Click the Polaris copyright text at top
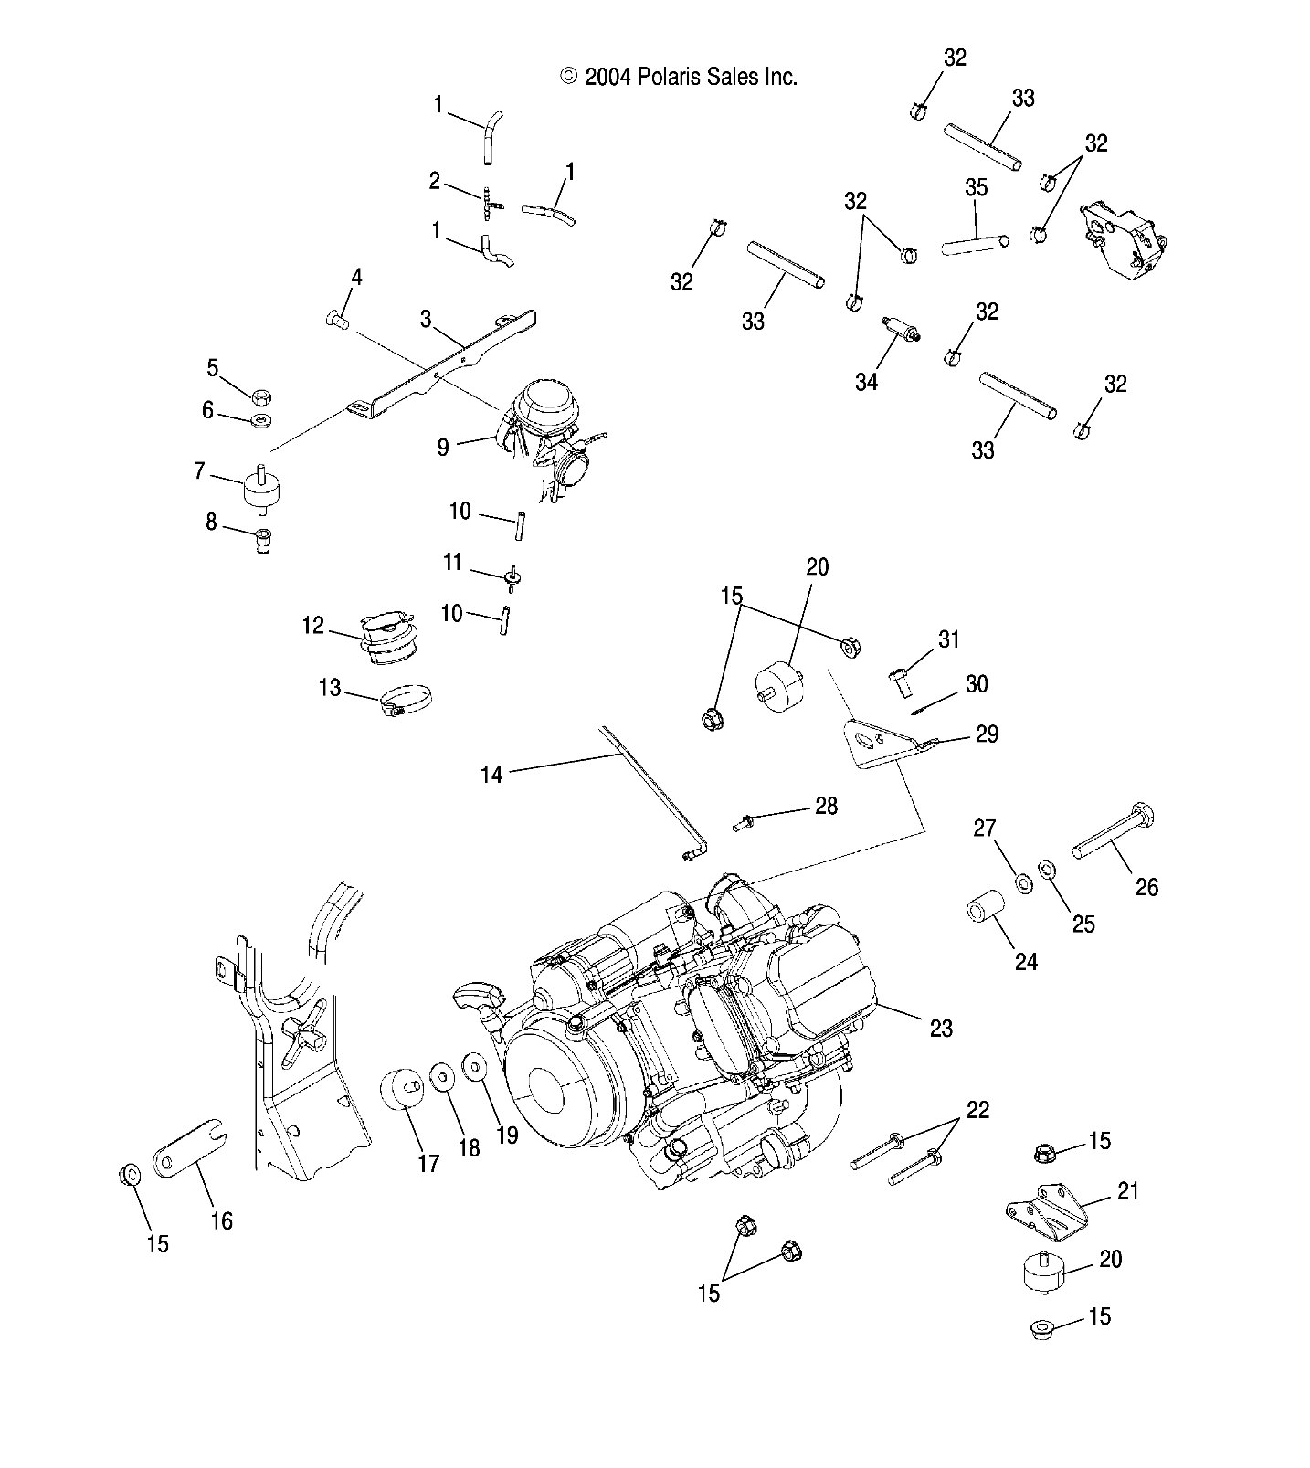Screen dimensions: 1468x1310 pos(679,77)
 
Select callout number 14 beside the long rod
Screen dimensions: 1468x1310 pos(491,775)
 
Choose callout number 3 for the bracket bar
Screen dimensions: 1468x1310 pos(426,319)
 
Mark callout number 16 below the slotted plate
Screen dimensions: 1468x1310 pos(221,1220)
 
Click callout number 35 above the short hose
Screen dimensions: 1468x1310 pos(976,187)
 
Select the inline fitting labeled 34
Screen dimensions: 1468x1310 pos(900,330)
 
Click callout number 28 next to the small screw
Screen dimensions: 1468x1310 pos(826,806)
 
